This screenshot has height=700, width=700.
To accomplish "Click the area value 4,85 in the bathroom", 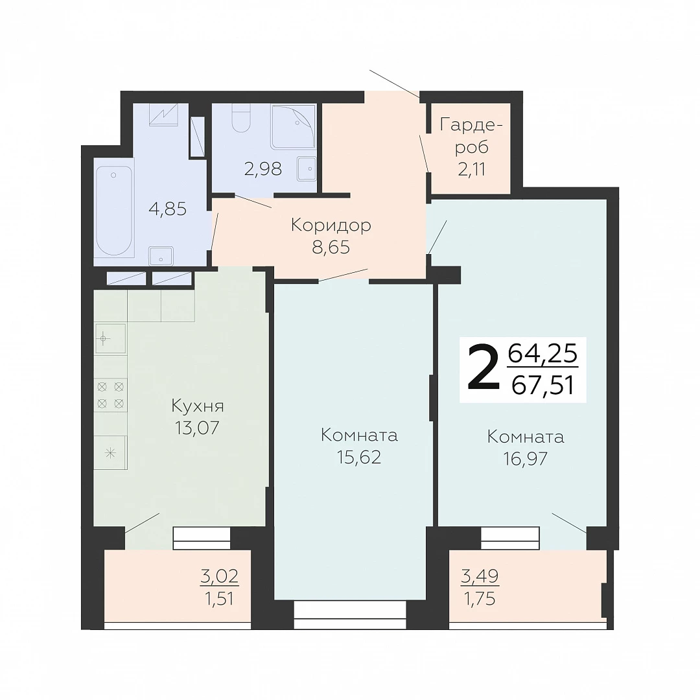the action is point(167,209).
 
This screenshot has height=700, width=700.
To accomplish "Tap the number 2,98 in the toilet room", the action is point(263,169).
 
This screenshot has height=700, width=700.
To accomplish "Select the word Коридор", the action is point(331,226).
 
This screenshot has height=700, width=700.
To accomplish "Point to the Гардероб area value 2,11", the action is point(471,169).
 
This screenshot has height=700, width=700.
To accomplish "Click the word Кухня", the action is point(198,406).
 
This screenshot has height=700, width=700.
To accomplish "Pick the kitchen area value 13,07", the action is point(197,428).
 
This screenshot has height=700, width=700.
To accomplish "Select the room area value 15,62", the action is point(359,457).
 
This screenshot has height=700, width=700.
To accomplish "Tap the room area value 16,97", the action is point(526,459).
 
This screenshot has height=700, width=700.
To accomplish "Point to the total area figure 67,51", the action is point(542,385).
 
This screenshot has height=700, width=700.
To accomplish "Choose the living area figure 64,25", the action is point(543,354).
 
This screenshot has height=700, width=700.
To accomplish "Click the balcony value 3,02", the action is point(220,576).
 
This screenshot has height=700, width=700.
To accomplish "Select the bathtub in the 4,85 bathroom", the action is point(114,211).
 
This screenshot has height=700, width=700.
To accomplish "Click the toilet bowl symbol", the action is point(242,119).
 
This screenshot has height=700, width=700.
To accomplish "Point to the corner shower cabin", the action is point(294,126).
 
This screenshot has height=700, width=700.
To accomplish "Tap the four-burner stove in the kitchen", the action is point(111,395).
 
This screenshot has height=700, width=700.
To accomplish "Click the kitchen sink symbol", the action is point(111,339).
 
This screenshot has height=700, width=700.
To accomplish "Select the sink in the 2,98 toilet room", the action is point(307,169).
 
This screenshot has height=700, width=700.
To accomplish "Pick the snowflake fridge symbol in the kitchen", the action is point(111,452).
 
